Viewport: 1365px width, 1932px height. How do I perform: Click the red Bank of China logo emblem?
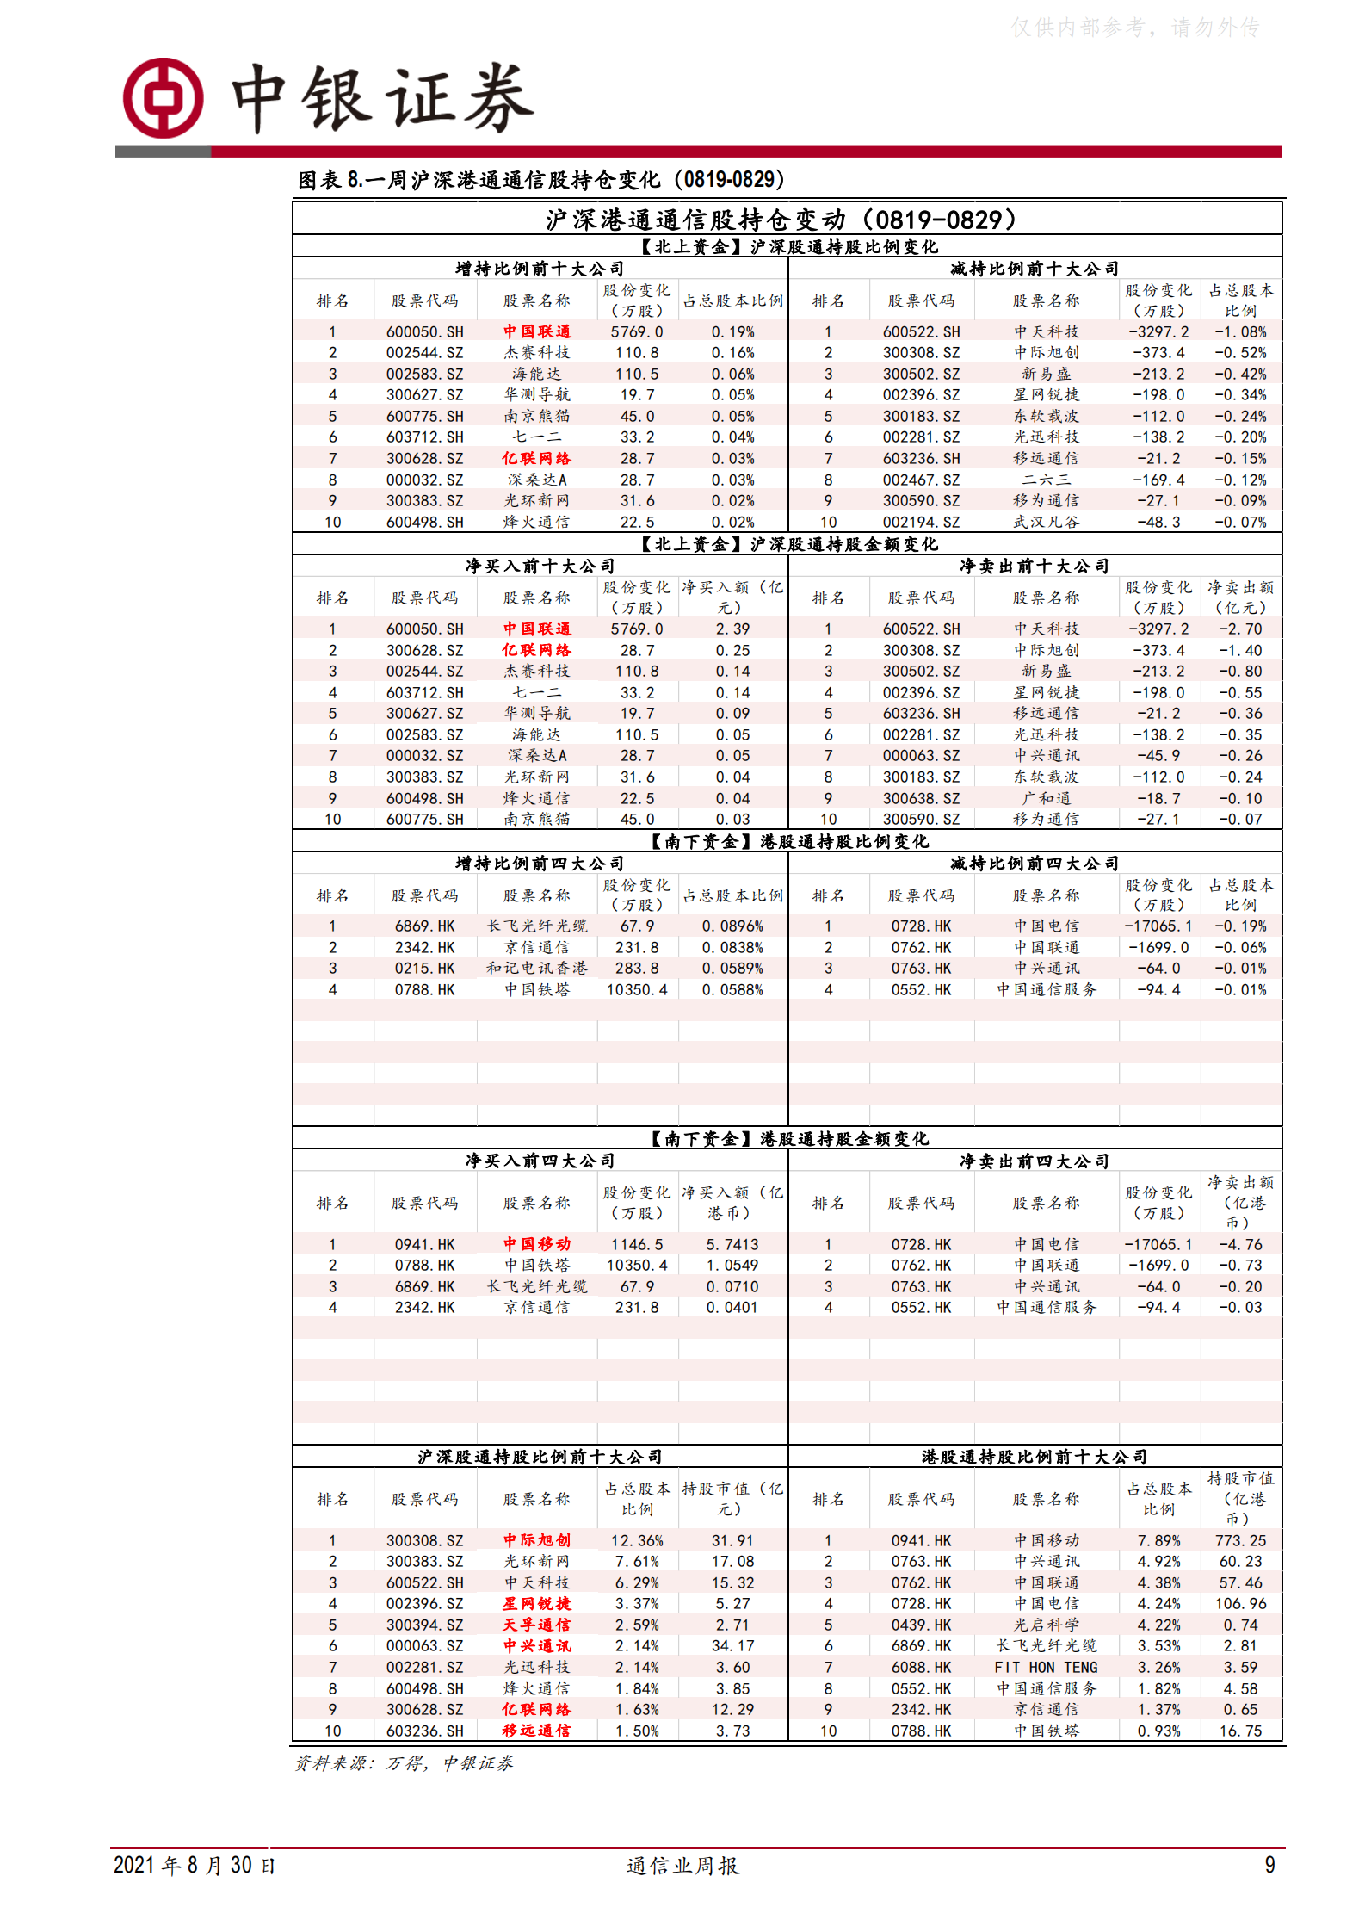pos(164,98)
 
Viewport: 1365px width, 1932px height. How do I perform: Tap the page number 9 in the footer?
pos(1269,1864)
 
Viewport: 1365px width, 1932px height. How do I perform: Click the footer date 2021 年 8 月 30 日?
pos(195,1865)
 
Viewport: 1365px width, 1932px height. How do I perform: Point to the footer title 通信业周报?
pos(682,1865)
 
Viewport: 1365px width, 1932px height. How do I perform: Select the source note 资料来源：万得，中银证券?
pos(404,1762)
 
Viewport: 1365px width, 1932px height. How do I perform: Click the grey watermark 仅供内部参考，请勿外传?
pos(1134,28)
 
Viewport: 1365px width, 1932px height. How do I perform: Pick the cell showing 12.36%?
pos(636,1540)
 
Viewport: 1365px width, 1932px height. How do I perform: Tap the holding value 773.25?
pos(1240,1540)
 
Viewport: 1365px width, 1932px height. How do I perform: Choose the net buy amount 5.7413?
pos(732,1244)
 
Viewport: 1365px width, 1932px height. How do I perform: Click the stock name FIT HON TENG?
pos(1046,1667)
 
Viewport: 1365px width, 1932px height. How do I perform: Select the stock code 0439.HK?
pos(921,1625)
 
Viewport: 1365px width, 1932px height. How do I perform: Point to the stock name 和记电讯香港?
pos(536,968)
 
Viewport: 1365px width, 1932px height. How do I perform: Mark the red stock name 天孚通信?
pos(536,1625)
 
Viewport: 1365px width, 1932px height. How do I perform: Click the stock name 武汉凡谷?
pos(1046,522)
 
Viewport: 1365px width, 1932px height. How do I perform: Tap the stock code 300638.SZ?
pos(921,798)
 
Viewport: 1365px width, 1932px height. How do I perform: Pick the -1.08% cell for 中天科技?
pos(1240,331)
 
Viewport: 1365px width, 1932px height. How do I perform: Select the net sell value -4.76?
pos(1240,1244)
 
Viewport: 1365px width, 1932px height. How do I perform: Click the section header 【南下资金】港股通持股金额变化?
pos(787,1139)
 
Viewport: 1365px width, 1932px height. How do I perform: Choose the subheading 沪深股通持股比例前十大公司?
pos(540,1457)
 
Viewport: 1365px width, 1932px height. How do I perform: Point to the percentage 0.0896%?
pos(732,926)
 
